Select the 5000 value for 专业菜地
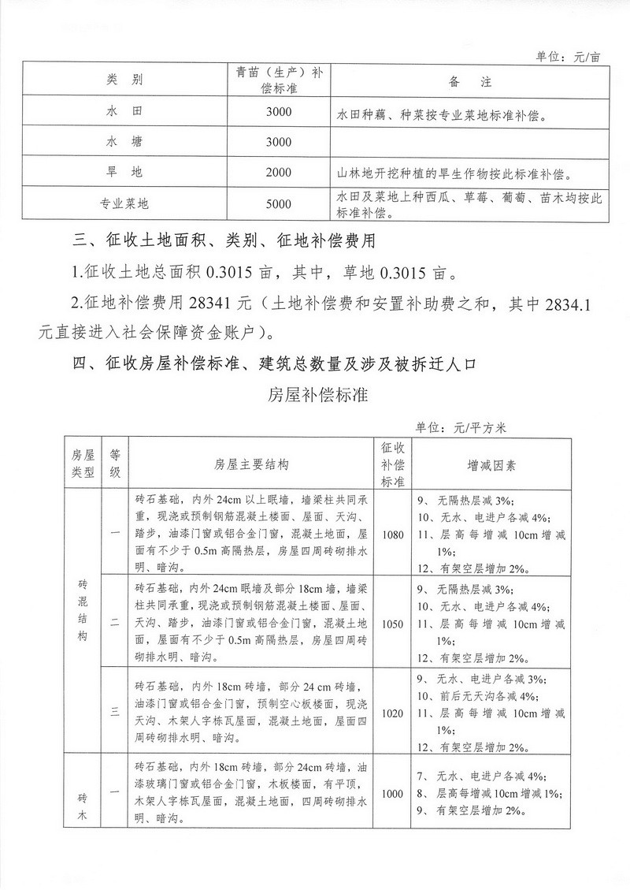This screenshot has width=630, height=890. pyautogui.click(x=279, y=204)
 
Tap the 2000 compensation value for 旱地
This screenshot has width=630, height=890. pyautogui.click(x=279, y=172)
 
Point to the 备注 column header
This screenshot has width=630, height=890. pyautogui.click(x=469, y=80)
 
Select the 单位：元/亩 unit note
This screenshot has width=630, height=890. pyautogui.click(x=568, y=57)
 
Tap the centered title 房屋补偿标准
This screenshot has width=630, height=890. pyautogui.click(x=318, y=394)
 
